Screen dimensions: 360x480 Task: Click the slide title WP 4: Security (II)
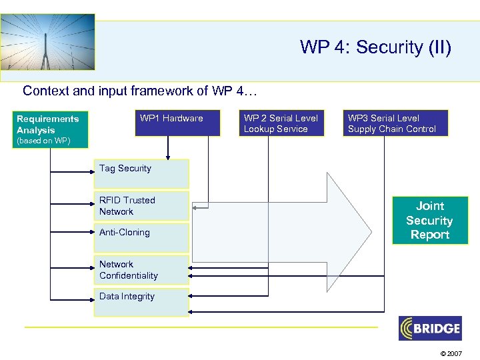[x=375, y=47]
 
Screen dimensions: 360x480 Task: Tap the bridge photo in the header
[x=47, y=41]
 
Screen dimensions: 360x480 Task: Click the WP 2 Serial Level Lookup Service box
[x=282, y=123]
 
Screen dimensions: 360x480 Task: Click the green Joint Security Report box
[x=429, y=221]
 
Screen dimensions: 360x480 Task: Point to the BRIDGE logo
[x=429, y=328]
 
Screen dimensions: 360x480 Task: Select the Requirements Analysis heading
[x=47, y=125]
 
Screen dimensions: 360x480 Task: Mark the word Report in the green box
[x=429, y=235]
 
